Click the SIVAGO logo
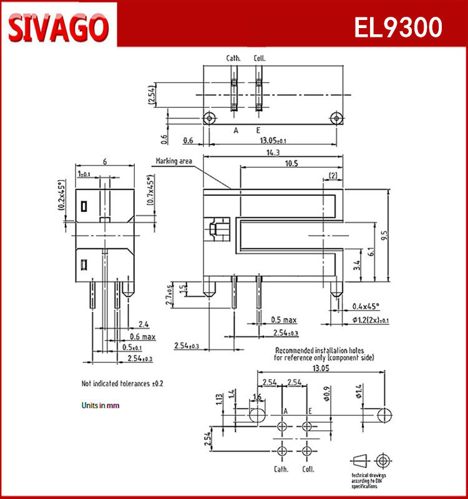[x=59, y=26]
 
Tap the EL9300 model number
[x=398, y=27]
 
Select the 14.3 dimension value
[x=271, y=152]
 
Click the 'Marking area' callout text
[x=174, y=162]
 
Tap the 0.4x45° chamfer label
[x=366, y=306]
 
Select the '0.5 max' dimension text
[x=284, y=320]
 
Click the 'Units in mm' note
[x=100, y=405]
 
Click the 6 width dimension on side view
[x=105, y=162]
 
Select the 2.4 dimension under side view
[x=144, y=324]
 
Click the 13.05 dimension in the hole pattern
[x=320, y=369]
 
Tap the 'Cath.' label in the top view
[x=233, y=59]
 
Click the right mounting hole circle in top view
[x=336, y=118]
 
